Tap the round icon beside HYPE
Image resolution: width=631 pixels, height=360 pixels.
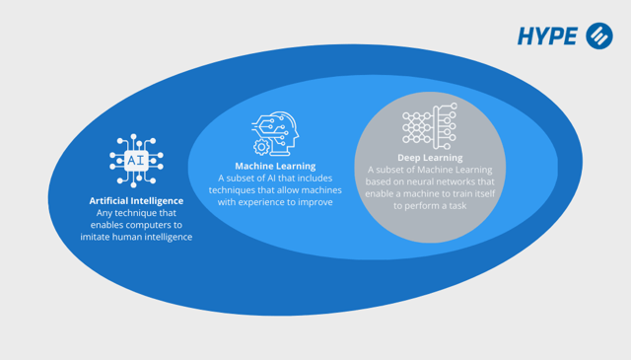pyautogui.click(x=598, y=36)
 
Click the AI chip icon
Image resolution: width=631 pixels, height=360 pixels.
pyautogui.click(x=136, y=160)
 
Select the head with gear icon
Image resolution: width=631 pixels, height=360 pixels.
pyautogui.click(x=275, y=134)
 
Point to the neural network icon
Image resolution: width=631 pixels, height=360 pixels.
pyautogui.click(x=429, y=126)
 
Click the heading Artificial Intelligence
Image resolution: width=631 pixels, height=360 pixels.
pyautogui.click(x=136, y=200)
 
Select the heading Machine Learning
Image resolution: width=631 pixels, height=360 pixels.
pyautogui.click(x=275, y=166)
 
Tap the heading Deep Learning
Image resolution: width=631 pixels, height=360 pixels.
pyautogui.click(x=430, y=157)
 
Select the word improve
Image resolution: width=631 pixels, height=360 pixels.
pyautogui.click(x=312, y=202)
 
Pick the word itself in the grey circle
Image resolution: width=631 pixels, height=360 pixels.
pyautogui.click(x=476, y=193)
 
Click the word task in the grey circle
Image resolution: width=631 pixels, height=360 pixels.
pyautogui.click(x=455, y=206)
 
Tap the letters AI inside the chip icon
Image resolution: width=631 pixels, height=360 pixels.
pyautogui.click(x=136, y=159)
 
